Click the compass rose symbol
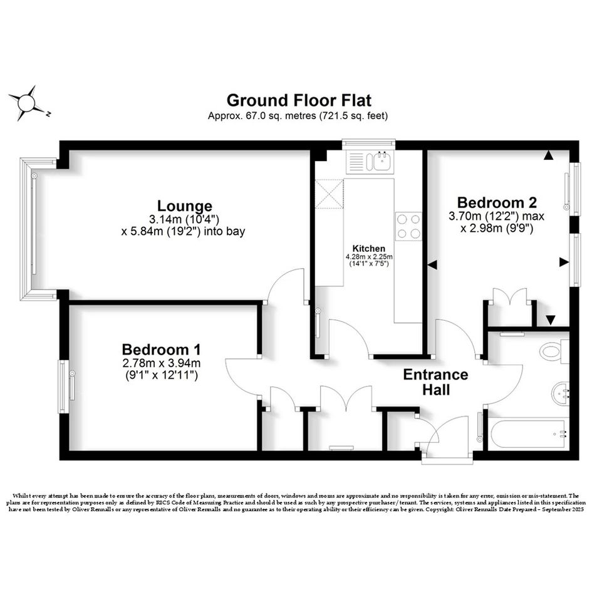coord(26,103)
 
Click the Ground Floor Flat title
coord(299,100)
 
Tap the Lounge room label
coord(185,206)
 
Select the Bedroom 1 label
coord(161,349)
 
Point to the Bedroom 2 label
coord(497,203)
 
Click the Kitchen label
coord(369,249)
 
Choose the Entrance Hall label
coord(435,382)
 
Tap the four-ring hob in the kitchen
coord(408,226)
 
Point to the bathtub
coord(529,434)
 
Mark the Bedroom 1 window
coord(64,387)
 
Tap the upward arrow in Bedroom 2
coord(549,155)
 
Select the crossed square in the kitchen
coord(330,194)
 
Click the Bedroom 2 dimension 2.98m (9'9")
coord(497,229)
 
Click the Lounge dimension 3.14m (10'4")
coord(184,219)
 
